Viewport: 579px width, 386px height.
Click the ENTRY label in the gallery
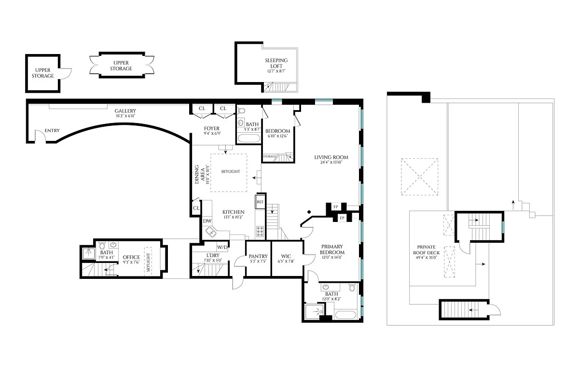52,131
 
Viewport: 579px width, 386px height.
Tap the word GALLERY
125,111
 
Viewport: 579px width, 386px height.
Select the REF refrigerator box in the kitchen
260,202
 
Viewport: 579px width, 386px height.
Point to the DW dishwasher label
207,221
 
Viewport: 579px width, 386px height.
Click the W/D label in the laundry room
222,247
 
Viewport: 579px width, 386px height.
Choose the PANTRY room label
258,257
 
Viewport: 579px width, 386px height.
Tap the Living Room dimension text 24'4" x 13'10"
331,163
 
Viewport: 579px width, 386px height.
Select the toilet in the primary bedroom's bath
352,289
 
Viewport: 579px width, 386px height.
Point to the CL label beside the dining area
196,208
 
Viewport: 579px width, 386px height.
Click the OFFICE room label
131,258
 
